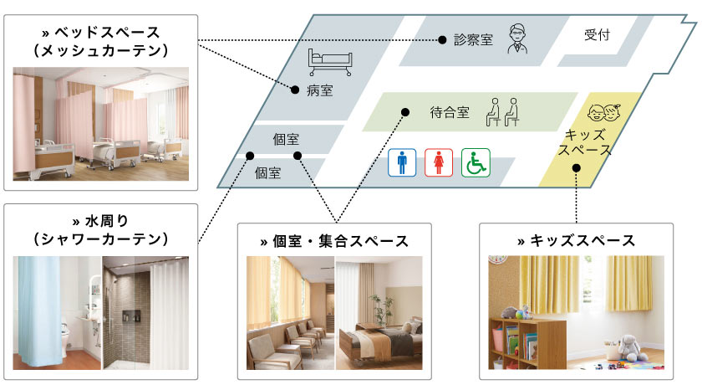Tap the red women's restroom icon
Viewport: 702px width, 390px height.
click(439, 162)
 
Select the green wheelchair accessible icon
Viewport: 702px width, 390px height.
click(476, 162)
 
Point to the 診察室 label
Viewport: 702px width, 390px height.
click(474, 39)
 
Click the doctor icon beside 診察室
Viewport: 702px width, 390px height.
click(518, 39)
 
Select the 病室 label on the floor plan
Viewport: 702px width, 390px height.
click(319, 90)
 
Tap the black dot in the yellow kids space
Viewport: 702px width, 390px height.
click(577, 168)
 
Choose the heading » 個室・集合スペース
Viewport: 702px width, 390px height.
click(334, 242)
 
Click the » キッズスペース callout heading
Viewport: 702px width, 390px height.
click(577, 241)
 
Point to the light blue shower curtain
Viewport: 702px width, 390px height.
click(38, 310)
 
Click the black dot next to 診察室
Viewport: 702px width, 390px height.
click(442, 39)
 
